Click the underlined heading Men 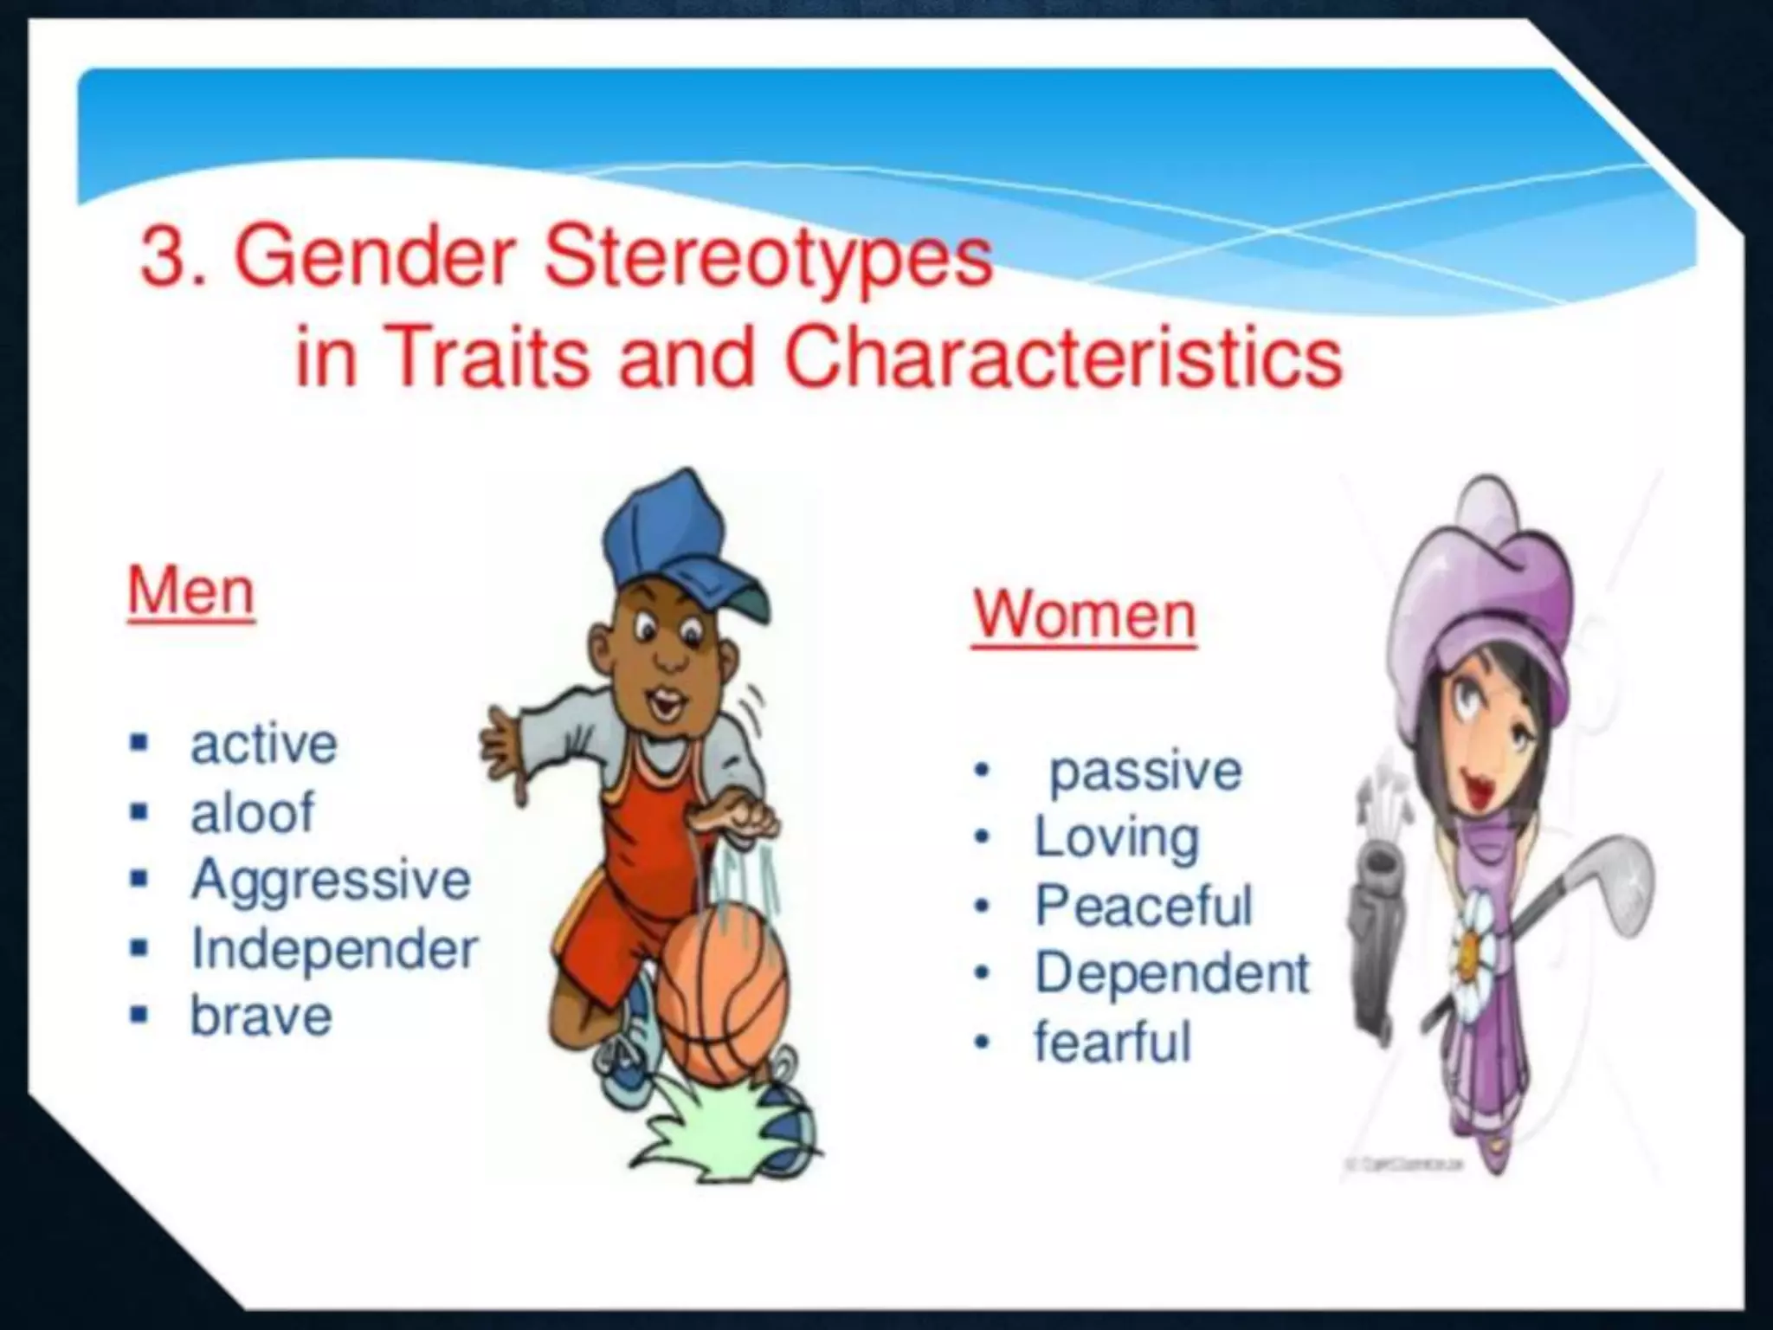point(191,591)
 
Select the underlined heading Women point(1084,615)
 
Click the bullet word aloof point(252,812)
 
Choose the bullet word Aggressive point(331,880)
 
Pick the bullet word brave point(261,1016)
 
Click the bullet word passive point(1145,771)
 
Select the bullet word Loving point(1117,837)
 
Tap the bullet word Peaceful point(1144,905)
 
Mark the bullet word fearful point(1112,1041)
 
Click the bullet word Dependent point(1172,972)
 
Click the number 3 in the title point(164,257)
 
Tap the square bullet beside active point(138,744)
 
